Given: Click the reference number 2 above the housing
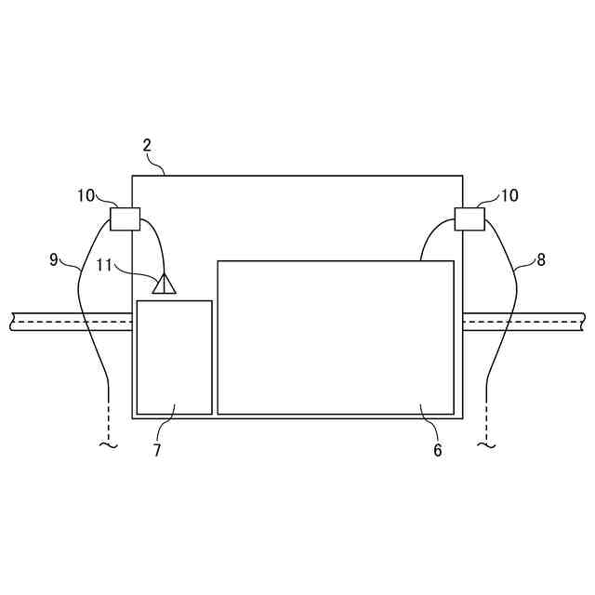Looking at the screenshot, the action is coord(147,145).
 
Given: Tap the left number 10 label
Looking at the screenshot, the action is coord(86,195).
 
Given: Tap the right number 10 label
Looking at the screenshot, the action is coord(509,195).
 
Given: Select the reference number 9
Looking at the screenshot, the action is coord(54,259).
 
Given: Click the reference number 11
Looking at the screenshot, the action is coord(105,266).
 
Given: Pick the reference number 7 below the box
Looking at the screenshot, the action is coord(156,450).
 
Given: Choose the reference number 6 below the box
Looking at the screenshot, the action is coord(437,450).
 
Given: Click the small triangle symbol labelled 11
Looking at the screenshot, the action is coord(165,284).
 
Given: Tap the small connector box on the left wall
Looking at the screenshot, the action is coord(125,218).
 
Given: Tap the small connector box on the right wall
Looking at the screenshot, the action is coord(469,218).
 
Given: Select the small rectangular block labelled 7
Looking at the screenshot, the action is coord(174,357).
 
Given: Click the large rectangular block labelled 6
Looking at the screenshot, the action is coord(336,337).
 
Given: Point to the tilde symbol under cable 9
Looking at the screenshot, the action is coord(109,446).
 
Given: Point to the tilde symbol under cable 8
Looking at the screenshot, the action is coord(486,446).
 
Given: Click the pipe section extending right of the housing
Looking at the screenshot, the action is coord(525,322).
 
